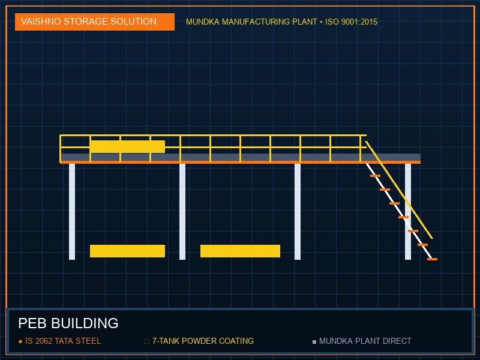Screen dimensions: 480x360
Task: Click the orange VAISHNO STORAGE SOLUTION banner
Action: point(95,22)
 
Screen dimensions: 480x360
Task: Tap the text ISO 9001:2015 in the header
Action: point(351,22)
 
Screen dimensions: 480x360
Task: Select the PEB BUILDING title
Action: point(68,323)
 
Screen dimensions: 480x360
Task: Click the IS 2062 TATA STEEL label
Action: point(63,341)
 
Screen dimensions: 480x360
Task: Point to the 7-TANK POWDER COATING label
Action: point(203,341)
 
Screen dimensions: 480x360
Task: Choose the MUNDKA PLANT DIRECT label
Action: point(365,341)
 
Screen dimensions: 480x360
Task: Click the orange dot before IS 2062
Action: point(20,341)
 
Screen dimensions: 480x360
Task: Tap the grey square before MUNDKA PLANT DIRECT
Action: point(314,341)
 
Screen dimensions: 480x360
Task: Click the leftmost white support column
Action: point(72,212)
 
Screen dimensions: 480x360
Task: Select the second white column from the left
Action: point(182,212)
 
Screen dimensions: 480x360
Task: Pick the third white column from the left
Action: point(298,212)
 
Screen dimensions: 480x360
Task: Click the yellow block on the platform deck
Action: point(127,146)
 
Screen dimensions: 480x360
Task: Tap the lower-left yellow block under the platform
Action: point(127,251)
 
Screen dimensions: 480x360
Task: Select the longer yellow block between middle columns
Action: point(241,251)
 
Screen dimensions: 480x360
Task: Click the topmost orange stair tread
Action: point(376,176)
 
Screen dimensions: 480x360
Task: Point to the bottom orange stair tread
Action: point(432,259)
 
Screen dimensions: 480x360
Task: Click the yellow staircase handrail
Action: point(399,190)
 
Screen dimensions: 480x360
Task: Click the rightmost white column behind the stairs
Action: point(408,212)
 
